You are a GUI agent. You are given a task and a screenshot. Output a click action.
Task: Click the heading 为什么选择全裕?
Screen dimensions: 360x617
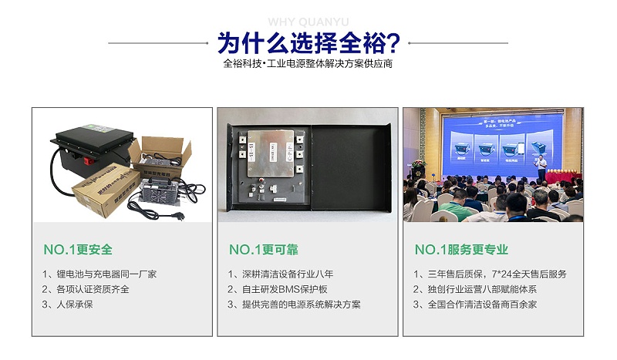(x=308, y=41)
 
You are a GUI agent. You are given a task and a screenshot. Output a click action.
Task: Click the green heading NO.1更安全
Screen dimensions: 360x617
(x=77, y=250)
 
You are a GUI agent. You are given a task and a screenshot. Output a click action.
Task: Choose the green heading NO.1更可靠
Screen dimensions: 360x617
(x=264, y=250)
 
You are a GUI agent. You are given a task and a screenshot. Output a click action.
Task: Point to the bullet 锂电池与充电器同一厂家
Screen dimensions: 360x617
(x=100, y=274)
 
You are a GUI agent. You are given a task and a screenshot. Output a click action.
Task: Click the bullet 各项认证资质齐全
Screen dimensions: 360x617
(x=86, y=289)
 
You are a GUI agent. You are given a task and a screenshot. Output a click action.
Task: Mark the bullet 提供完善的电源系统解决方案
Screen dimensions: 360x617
(x=295, y=304)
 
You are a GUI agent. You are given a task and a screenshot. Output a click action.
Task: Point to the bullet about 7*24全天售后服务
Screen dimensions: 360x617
(x=491, y=274)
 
